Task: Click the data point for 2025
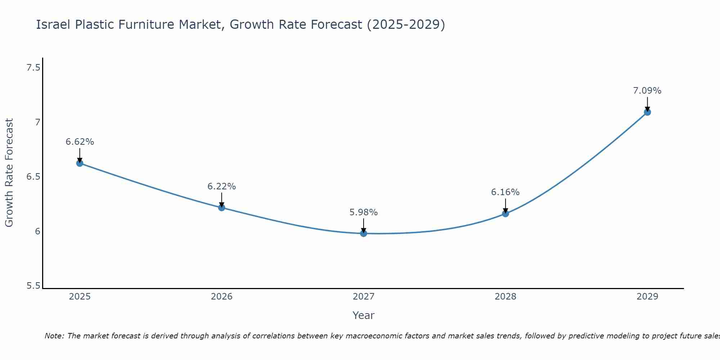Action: point(80,163)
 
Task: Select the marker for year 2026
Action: point(221,207)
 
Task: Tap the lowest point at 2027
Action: point(364,233)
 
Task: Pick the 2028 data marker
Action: point(505,213)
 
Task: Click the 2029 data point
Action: point(647,112)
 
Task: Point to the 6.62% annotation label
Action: point(80,142)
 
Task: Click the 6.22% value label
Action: point(221,186)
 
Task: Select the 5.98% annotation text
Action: point(364,212)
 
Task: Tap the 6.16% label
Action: point(505,192)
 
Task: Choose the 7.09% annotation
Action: point(647,91)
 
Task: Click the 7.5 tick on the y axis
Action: point(33,68)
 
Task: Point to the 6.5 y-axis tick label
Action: point(33,177)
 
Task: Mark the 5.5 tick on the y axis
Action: point(33,286)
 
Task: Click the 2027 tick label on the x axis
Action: point(364,297)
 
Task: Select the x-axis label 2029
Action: point(647,297)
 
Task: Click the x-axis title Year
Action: point(364,315)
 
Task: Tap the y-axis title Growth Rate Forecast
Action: point(9,173)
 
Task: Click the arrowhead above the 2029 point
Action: point(647,109)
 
